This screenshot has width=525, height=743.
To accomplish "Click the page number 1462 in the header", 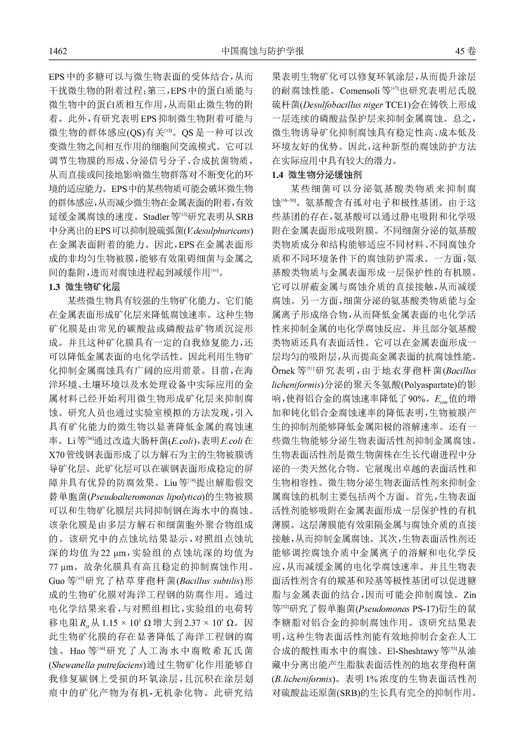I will coord(58,52).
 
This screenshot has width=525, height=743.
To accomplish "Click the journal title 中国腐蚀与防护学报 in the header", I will coord(262,51).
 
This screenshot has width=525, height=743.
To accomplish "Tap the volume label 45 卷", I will coord(465,52).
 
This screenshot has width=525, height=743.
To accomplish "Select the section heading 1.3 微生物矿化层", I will coord(85,287).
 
